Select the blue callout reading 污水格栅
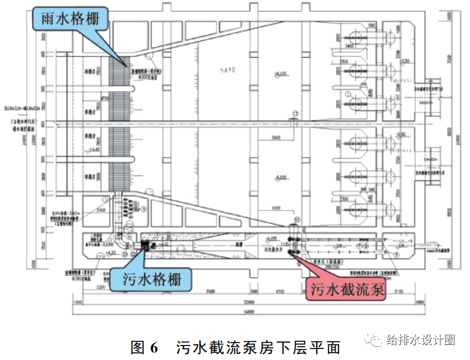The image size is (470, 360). click(x=150, y=279)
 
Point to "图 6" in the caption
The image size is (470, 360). click(x=144, y=347)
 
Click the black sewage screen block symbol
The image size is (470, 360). click(x=145, y=246)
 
